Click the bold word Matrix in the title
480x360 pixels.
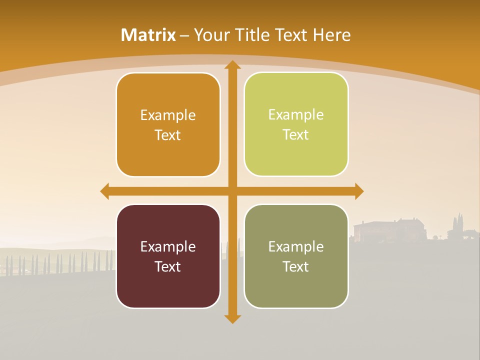[148, 35]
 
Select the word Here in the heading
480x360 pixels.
[332, 35]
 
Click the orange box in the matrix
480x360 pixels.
[168, 125]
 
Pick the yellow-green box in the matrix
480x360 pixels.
[296, 124]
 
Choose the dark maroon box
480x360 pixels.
[168, 256]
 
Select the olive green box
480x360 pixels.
[296, 256]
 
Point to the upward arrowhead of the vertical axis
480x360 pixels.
[232, 64]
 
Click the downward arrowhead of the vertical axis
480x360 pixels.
[232, 318]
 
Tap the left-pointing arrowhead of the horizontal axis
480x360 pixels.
[104, 191]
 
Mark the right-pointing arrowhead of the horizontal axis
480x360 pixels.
[359, 191]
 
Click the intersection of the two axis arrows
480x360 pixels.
[232, 191]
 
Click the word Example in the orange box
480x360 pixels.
[168, 115]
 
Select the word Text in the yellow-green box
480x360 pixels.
[296, 135]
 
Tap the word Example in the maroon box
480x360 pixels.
[168, 246]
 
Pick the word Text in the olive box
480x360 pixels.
[296, 266]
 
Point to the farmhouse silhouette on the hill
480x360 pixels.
[389, 229]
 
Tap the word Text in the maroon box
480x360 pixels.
[168, 266]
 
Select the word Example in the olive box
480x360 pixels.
[296, 246]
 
